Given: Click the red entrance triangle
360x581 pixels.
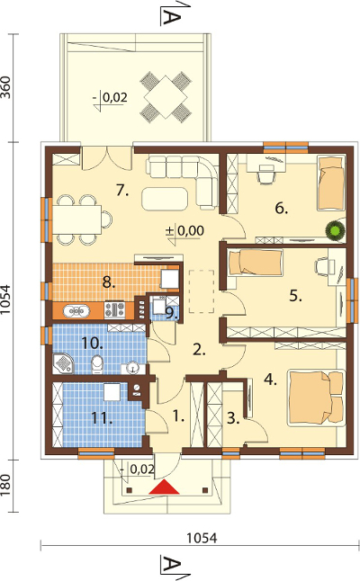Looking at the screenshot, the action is pos(164,487).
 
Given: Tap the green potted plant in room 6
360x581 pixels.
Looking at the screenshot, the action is pos(336,230).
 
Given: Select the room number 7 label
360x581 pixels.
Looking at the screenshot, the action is pos(122,191).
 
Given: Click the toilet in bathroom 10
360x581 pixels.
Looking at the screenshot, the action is pos(97,364).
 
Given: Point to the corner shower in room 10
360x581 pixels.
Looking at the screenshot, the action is pos(62,363).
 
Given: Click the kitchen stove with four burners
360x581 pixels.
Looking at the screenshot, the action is pos(114,309).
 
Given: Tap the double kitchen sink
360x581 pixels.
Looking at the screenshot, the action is pos(76,311).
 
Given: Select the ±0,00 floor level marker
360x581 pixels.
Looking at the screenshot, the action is pos(184,231).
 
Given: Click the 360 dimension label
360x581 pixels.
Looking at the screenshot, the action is pos(5,87).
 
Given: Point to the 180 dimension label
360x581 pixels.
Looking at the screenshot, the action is pos(5,486).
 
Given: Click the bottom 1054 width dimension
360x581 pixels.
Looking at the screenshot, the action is pos(202,538).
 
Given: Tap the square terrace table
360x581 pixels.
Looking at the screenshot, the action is pos(166,97).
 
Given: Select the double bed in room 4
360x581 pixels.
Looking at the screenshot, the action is pos(316,398).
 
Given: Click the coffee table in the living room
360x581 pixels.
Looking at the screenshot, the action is pos(165,199).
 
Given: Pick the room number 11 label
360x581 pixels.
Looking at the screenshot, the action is pos(102,419).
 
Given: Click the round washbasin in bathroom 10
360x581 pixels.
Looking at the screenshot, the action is pos(132,368).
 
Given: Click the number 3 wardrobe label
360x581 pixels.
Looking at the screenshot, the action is pos(233,418).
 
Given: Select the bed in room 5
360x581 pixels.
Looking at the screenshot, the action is pos(255,263).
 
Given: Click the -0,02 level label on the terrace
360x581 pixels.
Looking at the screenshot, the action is pos(110,97).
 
